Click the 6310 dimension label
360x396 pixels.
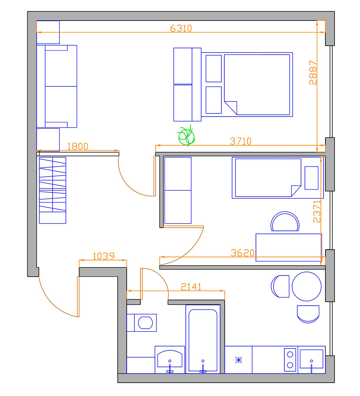(181, 28)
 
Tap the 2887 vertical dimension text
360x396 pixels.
(313, 73)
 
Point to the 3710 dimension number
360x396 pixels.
(241, 141)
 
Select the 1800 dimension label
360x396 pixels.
(78, 146)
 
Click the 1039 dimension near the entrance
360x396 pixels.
(104, 256)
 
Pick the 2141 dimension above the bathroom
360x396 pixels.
(191, 287)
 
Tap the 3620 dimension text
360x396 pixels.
(243, 253)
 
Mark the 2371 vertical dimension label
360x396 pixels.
(317, 211)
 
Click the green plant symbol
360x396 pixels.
(186, 136)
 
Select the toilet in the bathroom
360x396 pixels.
(142, 323)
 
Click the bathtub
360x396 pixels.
(203, 339)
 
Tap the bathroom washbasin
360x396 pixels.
(170, 359)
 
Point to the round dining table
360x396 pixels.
(307, 286)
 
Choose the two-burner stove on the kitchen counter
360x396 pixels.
(290, 360)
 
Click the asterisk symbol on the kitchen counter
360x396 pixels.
(239, 360)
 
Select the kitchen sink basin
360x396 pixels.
(311, 359)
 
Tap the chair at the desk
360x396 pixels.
(285, 222)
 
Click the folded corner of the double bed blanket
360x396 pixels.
(230, 108)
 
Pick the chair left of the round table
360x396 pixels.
(280, 286)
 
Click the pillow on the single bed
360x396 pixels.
(311, 178)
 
